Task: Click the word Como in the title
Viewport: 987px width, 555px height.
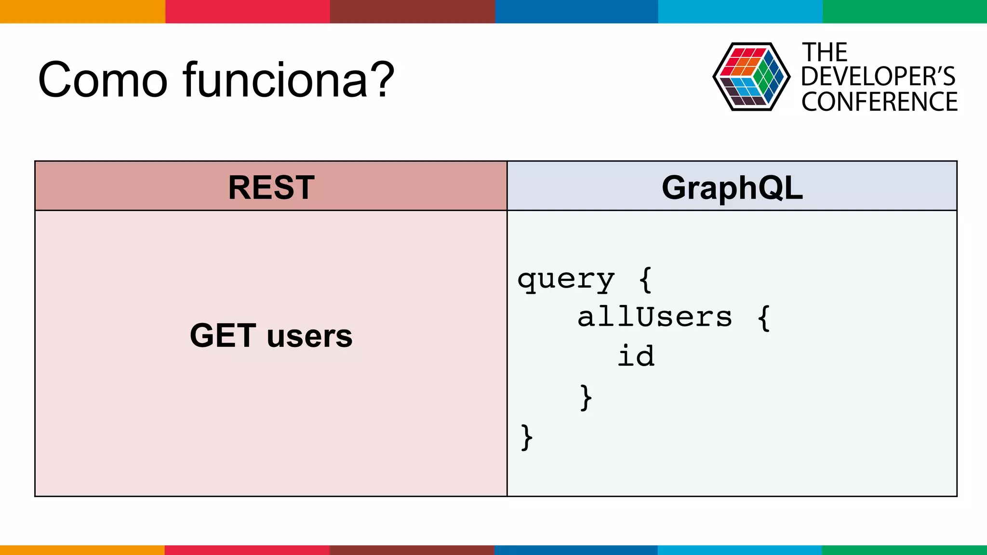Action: coord(103,80)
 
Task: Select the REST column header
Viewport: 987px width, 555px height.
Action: coord(271,187)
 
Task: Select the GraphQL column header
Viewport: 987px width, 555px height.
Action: coord(732,187)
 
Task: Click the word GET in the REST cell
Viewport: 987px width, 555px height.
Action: coord(223,335)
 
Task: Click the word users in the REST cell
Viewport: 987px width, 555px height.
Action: coord(309,336)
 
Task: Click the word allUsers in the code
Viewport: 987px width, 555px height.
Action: coord(654,317)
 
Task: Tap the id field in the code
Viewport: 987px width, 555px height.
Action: coord(636,357)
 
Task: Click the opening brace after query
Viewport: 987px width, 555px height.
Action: coord(645,280)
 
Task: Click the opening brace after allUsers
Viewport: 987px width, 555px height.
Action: coord(764,318)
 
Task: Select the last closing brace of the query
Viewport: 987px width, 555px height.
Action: coord(527,437)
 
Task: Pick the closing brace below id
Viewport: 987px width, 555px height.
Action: coord(586,397)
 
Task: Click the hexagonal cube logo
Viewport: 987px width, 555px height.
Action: coord(751,77)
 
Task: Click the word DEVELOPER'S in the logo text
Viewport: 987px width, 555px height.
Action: coord(878,77)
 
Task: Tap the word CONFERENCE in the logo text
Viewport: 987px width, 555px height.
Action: coord(879,102)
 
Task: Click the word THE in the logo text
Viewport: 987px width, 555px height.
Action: coord(824,53)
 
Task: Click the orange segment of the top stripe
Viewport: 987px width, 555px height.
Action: coord(82,11)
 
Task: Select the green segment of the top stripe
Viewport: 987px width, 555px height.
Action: coord(905,11)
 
